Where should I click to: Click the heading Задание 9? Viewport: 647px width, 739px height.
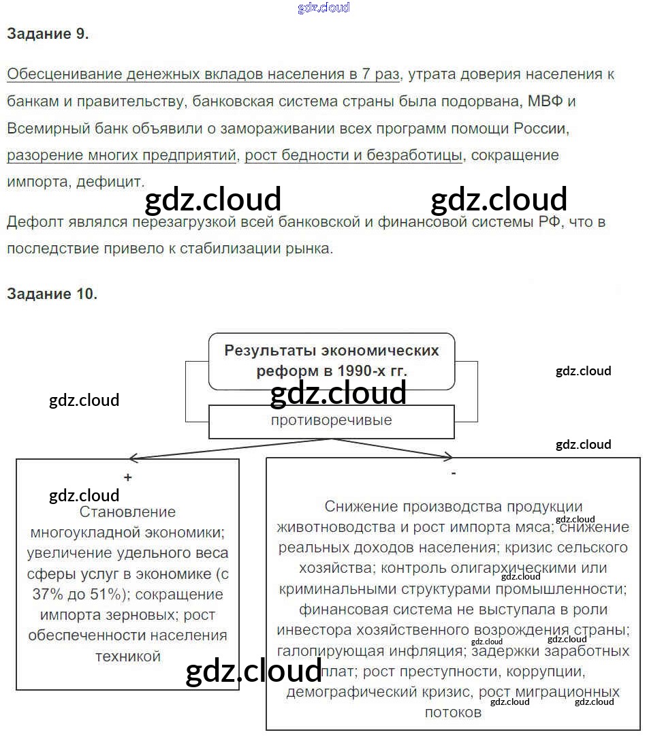[48, 35]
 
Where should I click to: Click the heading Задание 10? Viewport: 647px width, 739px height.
[52, 294]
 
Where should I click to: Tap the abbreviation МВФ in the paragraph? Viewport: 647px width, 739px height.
[542, 101]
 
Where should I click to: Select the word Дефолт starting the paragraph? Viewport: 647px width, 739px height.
[33, 222]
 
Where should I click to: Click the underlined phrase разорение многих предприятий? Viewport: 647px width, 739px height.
[121, 155]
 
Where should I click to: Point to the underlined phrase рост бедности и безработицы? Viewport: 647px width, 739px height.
[353, 155]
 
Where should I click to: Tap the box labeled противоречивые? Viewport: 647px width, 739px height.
[331, 420]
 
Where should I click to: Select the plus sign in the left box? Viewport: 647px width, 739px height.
[128, 477]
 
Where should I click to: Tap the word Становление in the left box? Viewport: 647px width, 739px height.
[127, 512]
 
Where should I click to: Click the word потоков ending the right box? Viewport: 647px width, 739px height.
[453, 712]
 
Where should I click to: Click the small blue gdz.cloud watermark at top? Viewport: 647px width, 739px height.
[324, 8]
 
